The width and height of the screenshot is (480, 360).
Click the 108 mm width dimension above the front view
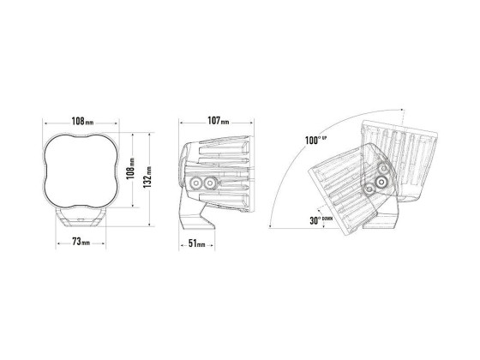(x=82, y=121)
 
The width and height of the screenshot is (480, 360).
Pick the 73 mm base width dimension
(x=81, y=242)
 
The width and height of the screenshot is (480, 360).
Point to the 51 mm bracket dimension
(x=197, y=243)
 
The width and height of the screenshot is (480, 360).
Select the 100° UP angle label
(x=315, y=141)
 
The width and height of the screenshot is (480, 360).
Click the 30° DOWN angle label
(x=321, y=220)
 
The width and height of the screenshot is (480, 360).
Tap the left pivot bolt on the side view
(x=195, y=183)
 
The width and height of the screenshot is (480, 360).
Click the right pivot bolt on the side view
(x=210, y=183)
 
